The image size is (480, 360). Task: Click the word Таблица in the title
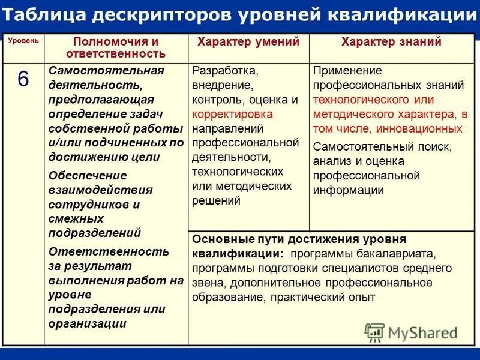(x=44, y=14)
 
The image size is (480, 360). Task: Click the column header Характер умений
(x=248, y=42)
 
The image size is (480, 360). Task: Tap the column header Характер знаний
(x=391, y=42)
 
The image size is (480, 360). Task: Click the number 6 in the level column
(x=22, y=80)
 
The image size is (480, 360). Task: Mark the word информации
(x=348, y=190)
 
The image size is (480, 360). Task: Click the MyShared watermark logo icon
(x=374, y=332)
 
